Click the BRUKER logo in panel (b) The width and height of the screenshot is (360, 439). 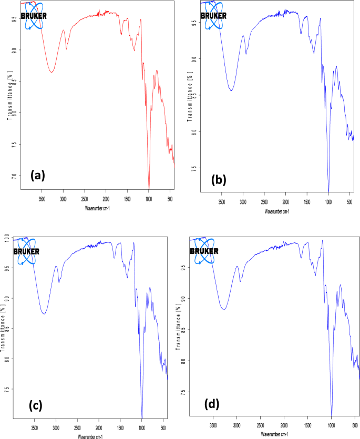click(213, 15)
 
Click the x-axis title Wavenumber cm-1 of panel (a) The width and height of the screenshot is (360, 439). click(97, 209)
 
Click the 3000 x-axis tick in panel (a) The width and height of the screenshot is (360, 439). click(63, 200)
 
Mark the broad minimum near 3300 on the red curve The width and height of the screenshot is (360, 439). click(51, 72)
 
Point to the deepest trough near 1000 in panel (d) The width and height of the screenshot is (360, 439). click(332, 414)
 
